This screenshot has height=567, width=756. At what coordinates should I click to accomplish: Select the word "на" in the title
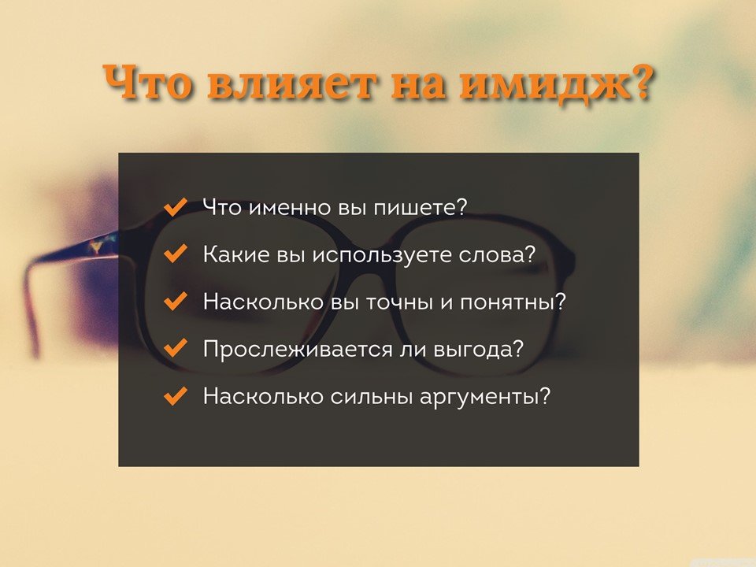[417, 86]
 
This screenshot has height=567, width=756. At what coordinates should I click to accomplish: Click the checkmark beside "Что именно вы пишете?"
[176, 207]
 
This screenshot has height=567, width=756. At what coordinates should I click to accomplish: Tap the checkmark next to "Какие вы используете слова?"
[176, 254]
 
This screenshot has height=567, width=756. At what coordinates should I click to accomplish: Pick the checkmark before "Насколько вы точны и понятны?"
[176, 301]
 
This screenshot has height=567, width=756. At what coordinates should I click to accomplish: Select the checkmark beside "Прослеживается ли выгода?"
[176, 348]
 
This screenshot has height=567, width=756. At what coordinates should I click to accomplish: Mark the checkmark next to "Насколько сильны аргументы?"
[176, 395]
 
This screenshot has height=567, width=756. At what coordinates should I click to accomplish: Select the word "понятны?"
[513, 302]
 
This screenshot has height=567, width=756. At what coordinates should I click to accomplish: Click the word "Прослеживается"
[298, 350]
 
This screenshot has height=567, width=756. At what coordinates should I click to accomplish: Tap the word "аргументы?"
[485, 397]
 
